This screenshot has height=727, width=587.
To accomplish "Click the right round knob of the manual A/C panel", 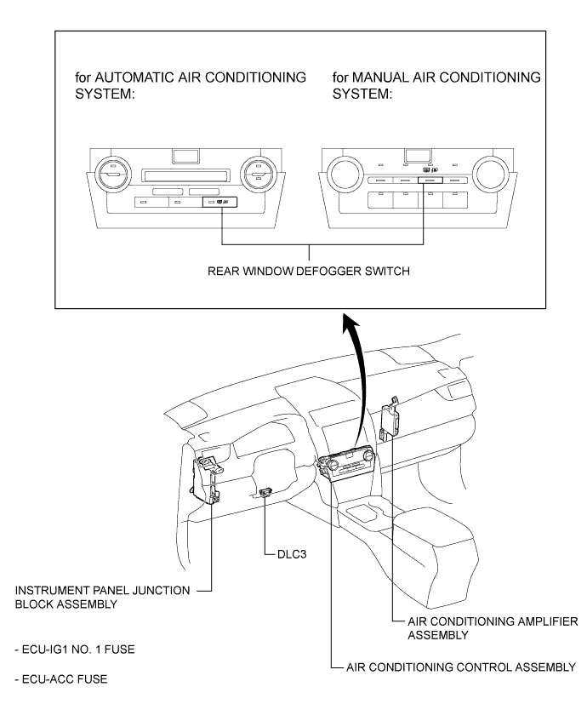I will pos(490,176).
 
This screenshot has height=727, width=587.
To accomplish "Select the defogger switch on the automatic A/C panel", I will pos(222,203).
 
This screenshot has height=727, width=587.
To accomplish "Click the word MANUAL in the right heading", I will pos(410,77).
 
